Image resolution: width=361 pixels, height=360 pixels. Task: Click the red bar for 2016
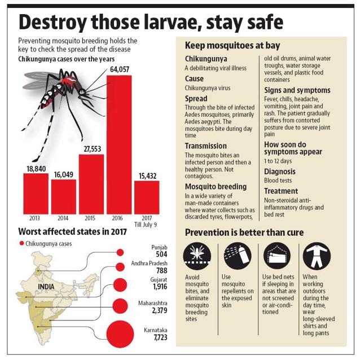pos(119,144)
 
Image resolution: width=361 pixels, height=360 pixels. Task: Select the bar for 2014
pos(64,197)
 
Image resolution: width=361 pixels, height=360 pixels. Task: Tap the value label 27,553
pos(93,149)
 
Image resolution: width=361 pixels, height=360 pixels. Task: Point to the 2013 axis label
pos(34,218)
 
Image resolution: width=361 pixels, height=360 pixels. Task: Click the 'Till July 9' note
pos(146,225)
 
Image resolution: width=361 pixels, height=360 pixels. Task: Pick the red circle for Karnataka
pos(120,333)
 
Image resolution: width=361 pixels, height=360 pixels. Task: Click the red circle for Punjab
pos(120,252)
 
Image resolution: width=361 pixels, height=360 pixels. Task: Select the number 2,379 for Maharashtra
pos(160,310)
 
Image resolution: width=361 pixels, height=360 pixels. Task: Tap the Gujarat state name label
pos(159,280)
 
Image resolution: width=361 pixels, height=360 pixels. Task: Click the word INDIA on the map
pos(46,287)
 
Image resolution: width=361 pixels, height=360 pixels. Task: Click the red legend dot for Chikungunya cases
pos(22,243)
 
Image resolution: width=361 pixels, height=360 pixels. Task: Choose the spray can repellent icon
pos(237,256)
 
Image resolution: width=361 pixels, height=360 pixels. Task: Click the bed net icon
pos(277,256)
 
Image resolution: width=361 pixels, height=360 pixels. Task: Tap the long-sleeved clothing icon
pos(317,256)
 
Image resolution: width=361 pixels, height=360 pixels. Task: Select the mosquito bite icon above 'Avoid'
pos(197,256)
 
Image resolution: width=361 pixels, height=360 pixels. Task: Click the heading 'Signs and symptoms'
pos(297,90)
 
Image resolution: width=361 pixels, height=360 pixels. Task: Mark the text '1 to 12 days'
pos(278,161)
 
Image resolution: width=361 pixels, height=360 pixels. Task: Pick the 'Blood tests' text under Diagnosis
pos(278,181)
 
